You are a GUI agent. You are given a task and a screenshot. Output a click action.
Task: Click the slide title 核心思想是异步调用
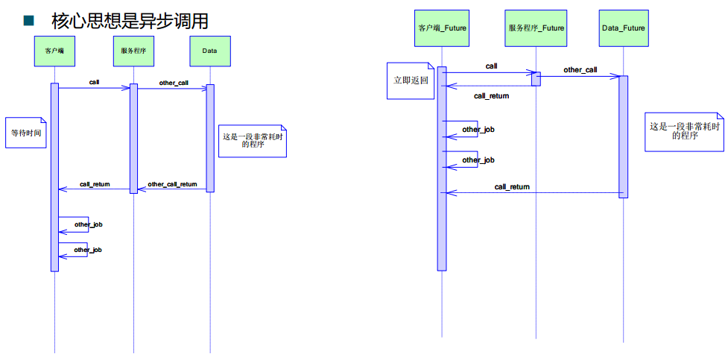[x=130, y=21]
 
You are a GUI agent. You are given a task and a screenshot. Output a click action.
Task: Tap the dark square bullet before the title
[x=29, y=20]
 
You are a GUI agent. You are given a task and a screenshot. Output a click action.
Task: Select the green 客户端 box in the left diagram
[x=54, y=50]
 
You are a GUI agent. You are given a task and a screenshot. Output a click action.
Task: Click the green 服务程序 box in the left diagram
[x=133, y=50]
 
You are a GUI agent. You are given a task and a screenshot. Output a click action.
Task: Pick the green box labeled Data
[x=209, y=50]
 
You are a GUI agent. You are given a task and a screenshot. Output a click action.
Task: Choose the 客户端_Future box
[x=441, y=28]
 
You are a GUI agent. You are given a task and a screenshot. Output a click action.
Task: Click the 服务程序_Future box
[x=536, y=28]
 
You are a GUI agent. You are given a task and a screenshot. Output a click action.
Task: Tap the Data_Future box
[x=623, y=28]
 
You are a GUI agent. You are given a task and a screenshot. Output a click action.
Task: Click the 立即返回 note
[x=411, y=80]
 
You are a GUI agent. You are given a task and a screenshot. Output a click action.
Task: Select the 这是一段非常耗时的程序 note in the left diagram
[x=252, y=140]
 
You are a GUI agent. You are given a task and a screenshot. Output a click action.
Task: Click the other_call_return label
[x=172, y=184]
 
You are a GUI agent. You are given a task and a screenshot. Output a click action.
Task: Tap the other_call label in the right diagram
[x=580, y=70]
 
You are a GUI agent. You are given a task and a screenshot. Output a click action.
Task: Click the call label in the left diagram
[x=94, y=81]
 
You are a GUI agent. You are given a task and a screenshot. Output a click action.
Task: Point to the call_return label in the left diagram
[x=95, y=184]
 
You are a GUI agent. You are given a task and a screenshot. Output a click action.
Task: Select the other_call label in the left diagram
[x=173, y=82]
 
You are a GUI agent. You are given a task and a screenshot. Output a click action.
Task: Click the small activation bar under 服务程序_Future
[x=536, y=78]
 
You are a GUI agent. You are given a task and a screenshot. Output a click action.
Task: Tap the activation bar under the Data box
[x=210, y=138]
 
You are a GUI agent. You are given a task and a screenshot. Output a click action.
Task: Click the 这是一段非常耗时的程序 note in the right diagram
[x=684, y=131]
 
